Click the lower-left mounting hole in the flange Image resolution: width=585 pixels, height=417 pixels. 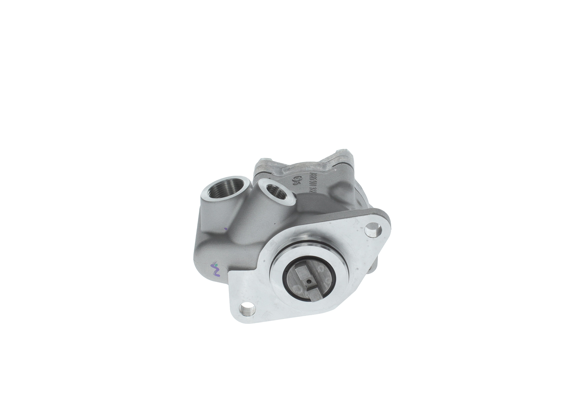247,311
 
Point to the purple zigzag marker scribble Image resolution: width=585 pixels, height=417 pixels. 214,271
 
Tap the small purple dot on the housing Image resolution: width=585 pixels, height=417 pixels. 225,229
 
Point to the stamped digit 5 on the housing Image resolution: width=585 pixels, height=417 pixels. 295,187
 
